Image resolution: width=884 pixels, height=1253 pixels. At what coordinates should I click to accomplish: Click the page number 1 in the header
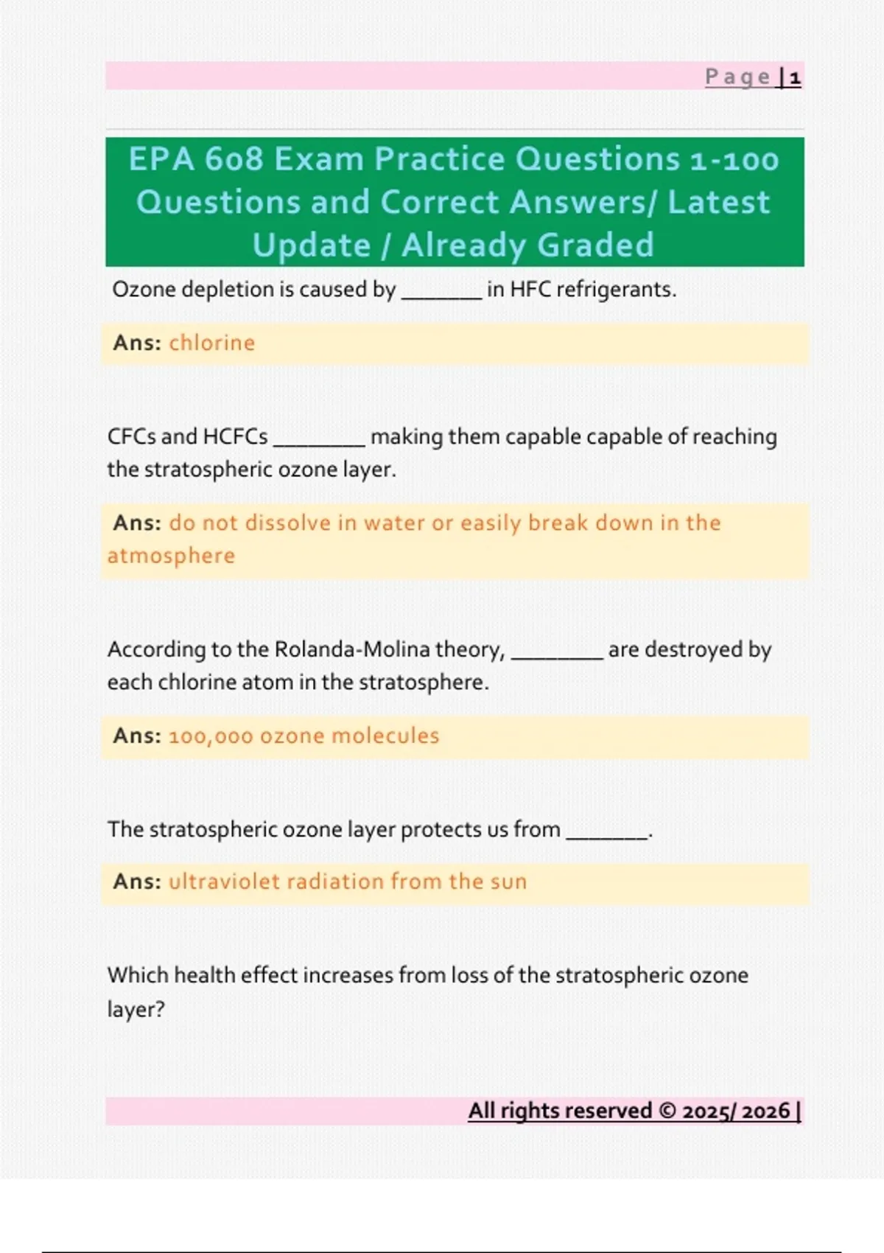[x=795, y=77]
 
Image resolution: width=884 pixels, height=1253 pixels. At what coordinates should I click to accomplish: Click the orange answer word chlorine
[x=212, y=343]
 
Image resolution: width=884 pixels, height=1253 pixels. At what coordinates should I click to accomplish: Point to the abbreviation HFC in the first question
[x=530, y=290]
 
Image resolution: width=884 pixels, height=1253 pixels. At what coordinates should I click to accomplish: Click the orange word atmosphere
[x=171, y=556]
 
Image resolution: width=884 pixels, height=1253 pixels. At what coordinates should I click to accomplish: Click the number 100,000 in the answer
[x=211, y=736]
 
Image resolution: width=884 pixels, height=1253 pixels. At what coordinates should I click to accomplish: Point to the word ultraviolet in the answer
[x=224, y=882]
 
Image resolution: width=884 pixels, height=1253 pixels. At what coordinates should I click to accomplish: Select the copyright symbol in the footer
[x=667, y=1111]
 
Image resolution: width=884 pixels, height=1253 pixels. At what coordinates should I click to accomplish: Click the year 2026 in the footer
[x=765, y=1111]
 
